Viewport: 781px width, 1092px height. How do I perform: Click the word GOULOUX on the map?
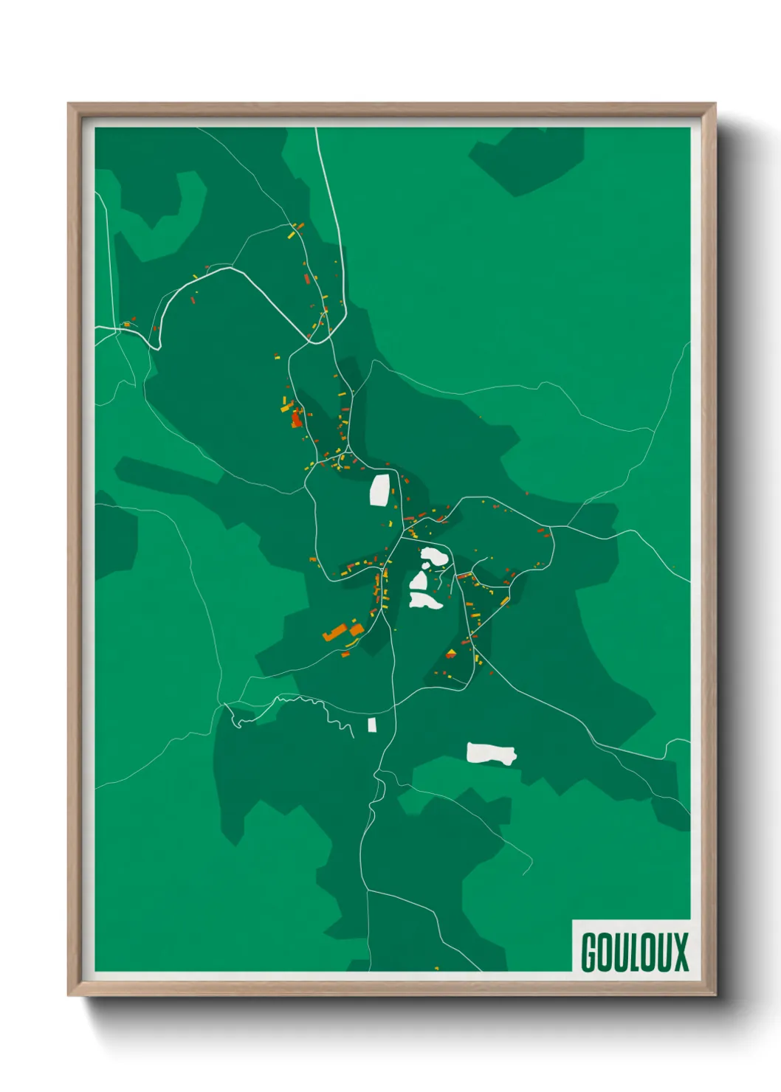(x=634, y=952)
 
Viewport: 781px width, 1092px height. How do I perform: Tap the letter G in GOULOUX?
(x=590, y=952)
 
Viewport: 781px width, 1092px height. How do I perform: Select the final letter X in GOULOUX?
(x=681, y=952)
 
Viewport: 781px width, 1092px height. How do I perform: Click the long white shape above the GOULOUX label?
(x=491, y=753)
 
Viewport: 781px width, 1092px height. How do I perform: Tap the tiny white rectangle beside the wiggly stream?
(x=372, y=725)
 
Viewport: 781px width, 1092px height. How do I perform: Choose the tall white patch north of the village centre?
(x=380, y=490)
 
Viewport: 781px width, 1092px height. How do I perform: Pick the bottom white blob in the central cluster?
(x=425, y=600)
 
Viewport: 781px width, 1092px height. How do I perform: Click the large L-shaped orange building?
(x=336, y=632)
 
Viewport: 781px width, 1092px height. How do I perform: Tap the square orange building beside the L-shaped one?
(x=357, y=629)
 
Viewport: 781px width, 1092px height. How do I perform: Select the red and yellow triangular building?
(x=451, y=653)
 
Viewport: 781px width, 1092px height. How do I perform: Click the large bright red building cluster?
(x=296, y=419)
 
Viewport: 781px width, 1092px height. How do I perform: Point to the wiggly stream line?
(x=295, y=701)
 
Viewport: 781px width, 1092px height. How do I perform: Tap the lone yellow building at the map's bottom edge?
(x=437, y=967)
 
